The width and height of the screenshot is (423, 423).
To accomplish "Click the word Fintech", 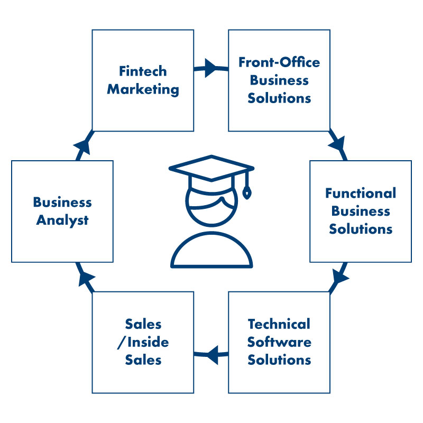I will (143, 71).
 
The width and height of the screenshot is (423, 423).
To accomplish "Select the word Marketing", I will (143, 89).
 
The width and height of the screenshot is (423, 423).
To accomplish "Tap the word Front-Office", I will (279, 62).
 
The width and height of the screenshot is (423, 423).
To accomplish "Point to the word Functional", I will (361, 193).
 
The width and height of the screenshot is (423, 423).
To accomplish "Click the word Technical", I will (279, 324).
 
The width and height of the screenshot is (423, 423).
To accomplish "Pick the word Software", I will (279, 342).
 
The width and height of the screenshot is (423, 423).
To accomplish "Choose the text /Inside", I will (143, 342).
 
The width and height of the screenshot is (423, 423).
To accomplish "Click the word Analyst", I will (62, 220).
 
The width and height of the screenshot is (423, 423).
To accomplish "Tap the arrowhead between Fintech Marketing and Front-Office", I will (209, 68).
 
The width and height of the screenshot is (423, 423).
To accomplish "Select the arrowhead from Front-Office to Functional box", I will (337, 143).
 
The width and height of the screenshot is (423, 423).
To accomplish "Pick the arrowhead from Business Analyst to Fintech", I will (82, 144).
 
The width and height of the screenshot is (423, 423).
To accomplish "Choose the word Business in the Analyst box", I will (62, 202).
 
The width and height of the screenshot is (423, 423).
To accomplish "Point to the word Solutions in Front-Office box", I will (279, 98).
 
